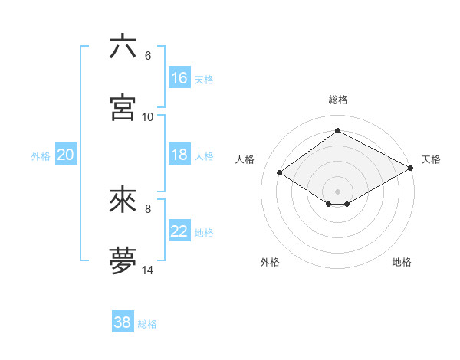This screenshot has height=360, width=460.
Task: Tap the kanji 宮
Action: pos(123,107)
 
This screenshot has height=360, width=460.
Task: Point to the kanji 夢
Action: pos(123,261)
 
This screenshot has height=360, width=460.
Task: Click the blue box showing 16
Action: pos(179,78)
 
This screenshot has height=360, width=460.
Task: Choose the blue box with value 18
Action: pos(179,155)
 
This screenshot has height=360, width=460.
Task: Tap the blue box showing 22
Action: pos(179,231)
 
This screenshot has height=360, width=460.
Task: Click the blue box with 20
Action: pos(65,155)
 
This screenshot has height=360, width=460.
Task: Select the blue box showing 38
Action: pos(123,322)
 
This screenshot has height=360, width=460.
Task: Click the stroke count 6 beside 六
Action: pos(147,56)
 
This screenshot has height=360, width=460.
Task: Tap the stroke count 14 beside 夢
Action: pos(147,270)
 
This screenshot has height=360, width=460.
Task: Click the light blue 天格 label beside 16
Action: pos(204,79)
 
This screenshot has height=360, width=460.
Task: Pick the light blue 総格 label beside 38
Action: pos(147,324)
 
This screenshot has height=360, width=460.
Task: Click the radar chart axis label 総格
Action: pos(338,100)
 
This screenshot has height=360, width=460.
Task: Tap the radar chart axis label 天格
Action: pos(431,159)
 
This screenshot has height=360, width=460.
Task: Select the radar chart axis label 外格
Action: pos(270,262)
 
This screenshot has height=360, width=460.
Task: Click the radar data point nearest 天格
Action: pos(411,169)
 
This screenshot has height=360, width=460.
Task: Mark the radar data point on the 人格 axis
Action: pos(280,173)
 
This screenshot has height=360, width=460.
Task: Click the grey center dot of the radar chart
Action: pos(337,191)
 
